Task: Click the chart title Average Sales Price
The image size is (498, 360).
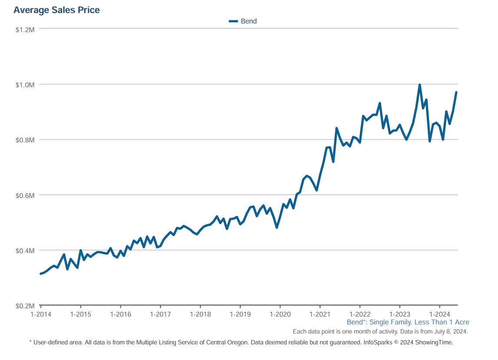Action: pyautogui.click(x=56, y=10)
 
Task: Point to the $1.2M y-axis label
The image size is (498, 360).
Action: pyautogui.click(x=25, y=29)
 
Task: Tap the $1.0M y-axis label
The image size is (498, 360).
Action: pyautogui.click(x=25, y=84)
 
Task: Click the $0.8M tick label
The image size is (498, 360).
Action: pyautogui.click(x=25, y=140)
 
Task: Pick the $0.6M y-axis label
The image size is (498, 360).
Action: pyautogui.click(x=25, y=195)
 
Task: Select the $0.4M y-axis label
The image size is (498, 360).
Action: pyautogui.click(x=25, y=251)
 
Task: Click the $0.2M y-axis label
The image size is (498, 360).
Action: pyautogui.click(x=25, y=306)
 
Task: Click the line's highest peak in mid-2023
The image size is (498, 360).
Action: pyautogui.click(x=419, y=85)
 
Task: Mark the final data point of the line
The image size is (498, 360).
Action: pyautogui.click(x=456, y=92)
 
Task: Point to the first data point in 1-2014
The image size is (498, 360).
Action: pyautogui.click(x=41, y=274)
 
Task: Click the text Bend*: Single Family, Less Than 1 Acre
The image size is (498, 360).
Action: pyautogui.click(x=408, y=322)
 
